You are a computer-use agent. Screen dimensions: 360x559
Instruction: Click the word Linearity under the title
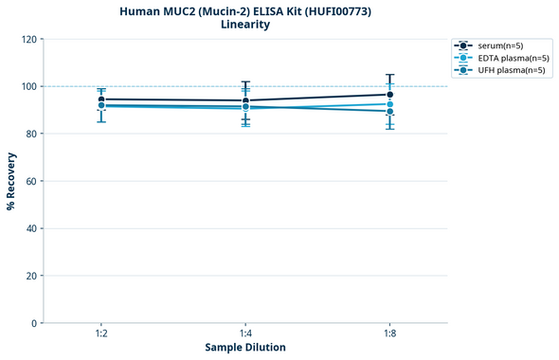[x=244, y=25]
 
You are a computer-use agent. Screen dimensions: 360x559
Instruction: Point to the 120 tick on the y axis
[x=29, y=39]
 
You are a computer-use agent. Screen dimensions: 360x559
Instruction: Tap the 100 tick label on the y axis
[x=29, y=86]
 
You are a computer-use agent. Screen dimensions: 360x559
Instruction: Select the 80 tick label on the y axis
[x=31, y=134]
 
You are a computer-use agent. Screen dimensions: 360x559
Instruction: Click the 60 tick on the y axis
[x=31, y=181]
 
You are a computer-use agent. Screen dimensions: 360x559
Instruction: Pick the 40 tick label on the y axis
[x=31, y=228]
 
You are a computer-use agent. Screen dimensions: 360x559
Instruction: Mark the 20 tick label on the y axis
[x=31, y=276]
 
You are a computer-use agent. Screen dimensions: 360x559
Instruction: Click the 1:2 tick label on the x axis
[x=101, y=334]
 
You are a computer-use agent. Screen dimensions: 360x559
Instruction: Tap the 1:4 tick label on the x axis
[x=245, y=334]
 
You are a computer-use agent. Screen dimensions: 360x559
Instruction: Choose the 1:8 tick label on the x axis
[x=389, y=334]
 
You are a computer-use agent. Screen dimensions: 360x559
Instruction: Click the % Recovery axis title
[x=11, y=181]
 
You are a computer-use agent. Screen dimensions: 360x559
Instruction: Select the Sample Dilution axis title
[x=245, y=348]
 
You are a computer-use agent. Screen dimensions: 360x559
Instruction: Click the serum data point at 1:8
[x=389, y=95]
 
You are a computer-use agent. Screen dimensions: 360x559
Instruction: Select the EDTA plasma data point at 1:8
[x=389, y=104]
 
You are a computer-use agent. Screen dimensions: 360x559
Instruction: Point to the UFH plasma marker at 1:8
[x=389, y=112]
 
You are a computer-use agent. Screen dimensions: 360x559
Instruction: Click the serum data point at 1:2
[x=101, y=99]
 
